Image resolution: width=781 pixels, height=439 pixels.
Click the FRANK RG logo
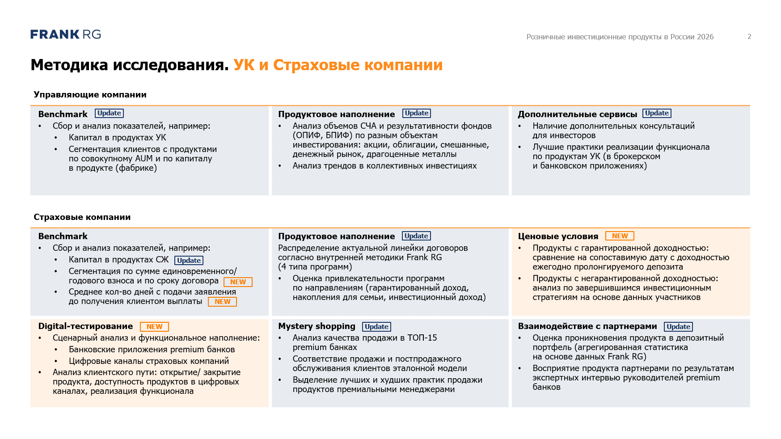point(66,34)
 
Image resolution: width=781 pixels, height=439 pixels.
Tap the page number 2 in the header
point(749,37)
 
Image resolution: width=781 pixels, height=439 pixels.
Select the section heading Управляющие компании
point(90,95)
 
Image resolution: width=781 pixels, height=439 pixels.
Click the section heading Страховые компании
point(82,217)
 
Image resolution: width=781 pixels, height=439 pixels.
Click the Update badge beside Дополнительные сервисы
point(657,114)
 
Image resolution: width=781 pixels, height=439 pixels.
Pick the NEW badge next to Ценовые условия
point(620,236)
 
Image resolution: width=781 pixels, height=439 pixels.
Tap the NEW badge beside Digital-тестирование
point(154,327)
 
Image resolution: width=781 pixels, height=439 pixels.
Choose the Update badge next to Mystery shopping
point(376,327)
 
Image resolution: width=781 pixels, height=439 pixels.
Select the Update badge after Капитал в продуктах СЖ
point(189,261)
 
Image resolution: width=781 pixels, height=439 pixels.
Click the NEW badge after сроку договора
point(238,282)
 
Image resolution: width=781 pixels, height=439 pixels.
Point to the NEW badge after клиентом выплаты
point(222,302)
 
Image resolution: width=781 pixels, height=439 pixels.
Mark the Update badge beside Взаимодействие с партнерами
point(678,327)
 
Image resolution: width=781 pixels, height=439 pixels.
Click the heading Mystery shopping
point(317,326)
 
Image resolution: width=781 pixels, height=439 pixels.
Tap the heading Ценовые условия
point(558,236)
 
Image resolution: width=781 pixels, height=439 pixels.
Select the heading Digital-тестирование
point(85,326)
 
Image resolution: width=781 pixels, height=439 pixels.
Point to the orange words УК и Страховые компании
point(338,65)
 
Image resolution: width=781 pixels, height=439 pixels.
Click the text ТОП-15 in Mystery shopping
point(422,338)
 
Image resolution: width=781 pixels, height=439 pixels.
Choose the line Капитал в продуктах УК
point(118,138)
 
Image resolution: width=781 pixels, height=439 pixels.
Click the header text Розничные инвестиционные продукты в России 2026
point(620,37)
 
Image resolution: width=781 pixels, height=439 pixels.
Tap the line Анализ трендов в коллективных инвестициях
point(384,166)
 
